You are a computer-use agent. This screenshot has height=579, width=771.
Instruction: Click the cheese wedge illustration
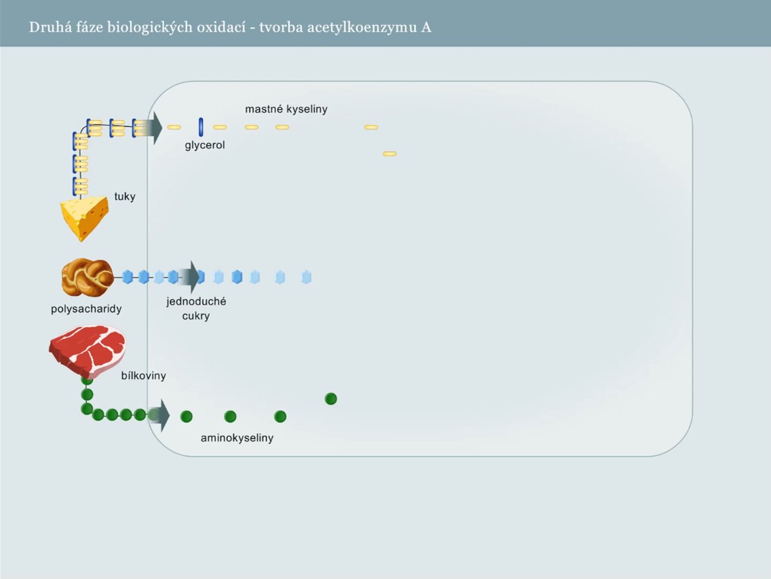click(84, 218)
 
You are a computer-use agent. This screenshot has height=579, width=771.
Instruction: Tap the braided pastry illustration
click(87, 277)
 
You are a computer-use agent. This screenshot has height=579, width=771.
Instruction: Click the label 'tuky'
click(125, 197)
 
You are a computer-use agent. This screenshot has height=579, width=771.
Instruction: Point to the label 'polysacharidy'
click(86, 309)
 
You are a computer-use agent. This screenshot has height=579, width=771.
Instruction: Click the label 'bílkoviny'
click(144, 376)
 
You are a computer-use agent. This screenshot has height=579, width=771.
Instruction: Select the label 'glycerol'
click(205, 145)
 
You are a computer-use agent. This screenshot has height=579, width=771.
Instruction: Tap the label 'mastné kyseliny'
click(287, 109)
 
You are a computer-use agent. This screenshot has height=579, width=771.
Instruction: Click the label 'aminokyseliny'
click(237, 438)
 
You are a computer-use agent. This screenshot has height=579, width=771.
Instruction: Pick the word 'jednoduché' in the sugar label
click(196, 302)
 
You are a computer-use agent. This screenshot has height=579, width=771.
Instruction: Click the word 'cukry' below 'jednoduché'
click(196, 316)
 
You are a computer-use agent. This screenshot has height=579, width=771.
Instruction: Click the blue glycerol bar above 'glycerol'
click(201, 127)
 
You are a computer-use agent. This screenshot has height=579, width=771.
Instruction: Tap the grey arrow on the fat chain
click(154, 128)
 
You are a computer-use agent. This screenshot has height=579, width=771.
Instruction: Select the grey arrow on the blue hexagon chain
click(190, 277)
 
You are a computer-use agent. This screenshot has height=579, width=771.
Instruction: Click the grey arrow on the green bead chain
click(161, 416)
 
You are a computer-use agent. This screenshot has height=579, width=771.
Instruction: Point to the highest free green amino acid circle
click(331, 399)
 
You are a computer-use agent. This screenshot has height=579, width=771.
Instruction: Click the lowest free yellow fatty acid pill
click(390, 154)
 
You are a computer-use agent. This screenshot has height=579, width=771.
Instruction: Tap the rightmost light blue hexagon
click(306, 277)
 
